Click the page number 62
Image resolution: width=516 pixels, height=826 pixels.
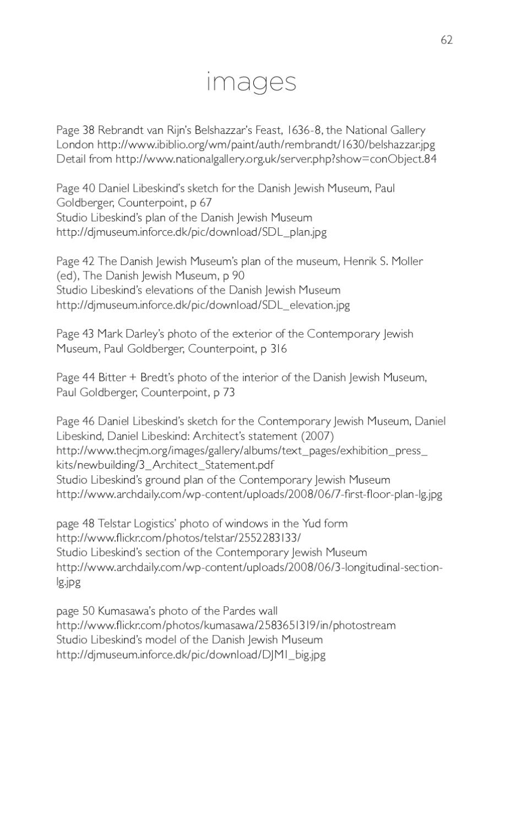coord(446,40)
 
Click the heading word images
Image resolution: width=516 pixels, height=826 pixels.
coord(252,81)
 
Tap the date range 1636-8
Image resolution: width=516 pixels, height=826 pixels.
coord(305,131)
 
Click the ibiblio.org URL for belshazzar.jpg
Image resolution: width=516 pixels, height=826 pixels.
coord(266,145)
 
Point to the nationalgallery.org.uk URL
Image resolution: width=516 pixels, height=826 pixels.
coord(276,159)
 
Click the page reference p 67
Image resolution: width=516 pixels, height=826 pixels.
coord(201,203)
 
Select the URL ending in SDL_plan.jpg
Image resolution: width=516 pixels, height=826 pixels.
coord(191,232)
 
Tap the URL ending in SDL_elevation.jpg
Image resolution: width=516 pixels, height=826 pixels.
coord(203,305)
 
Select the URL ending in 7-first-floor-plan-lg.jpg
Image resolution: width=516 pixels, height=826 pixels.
coord(249,494)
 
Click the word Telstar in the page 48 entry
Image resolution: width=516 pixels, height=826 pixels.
coord(114,523)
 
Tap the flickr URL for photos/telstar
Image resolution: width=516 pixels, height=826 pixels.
coord(178,537)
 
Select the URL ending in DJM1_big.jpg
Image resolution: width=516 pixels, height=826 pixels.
coord(191,655)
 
